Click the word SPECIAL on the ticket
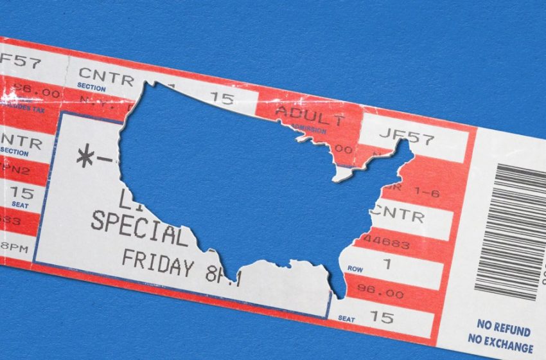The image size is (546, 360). click(138, 226)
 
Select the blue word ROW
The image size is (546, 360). click(355, 267)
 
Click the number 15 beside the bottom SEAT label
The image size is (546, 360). click(382, 318)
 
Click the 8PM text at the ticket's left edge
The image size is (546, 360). click(14, 247)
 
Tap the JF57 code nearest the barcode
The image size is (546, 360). click(407, 137)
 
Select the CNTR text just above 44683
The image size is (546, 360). click(398, 214)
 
